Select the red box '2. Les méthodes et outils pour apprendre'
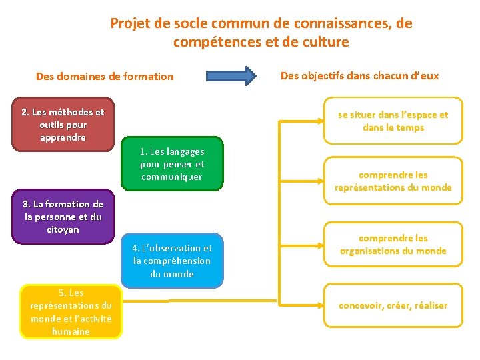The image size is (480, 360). click(x=63, y=125)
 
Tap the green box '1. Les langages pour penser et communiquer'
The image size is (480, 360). click(x=172, y=164)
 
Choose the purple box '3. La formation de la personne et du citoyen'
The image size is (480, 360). click(x=63, y=217)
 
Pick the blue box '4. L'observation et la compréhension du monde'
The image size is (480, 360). click(x=172, y=261)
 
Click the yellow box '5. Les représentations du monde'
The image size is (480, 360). click(x=71, y=311)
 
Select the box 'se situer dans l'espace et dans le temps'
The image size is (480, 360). click(x=393, y=121)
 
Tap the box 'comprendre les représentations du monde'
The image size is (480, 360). click(x=393, y=181)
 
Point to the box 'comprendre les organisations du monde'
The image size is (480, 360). click(x=393, y=244)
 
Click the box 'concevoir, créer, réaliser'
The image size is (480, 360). click(x=393, y=305)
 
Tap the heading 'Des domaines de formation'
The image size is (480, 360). click(x=105, y=76)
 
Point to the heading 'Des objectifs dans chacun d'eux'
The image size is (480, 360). click(x=359, y=75)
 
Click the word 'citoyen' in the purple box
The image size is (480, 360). click(x=63, y=229)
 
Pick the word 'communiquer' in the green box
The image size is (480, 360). click(x=171, y=177)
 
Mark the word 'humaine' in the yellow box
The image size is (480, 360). click(x=71, y=331)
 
